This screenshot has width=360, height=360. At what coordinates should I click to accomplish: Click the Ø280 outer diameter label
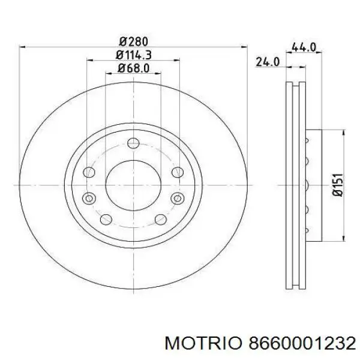[x=133, y=41]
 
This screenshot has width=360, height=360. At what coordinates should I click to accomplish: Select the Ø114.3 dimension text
[x=133, y=55]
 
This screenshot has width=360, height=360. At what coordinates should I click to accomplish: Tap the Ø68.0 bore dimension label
[x=133, y=69]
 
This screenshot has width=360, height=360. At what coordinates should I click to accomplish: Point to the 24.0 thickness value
[x=268, y=61]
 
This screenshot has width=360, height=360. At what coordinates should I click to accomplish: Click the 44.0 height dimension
[x=303, y=47]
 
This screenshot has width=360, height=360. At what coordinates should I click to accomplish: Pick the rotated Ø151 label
[x=337, y=184]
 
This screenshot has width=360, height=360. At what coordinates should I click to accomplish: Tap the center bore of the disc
[x=133, y=185]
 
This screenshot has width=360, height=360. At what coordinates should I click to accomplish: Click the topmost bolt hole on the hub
[x=133, y=143]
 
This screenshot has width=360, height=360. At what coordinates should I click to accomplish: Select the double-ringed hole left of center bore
[x=90, y=199]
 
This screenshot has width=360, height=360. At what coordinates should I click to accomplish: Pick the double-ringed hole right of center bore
[x=176, y=199]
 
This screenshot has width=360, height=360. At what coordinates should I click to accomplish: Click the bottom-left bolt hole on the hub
[x=106, y=220]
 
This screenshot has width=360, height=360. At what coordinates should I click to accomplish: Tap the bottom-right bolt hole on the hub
[x=161, y=220]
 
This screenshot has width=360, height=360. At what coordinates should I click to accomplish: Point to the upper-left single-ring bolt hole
[x=89, y=172]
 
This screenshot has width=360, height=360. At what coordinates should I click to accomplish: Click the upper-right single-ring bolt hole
[x=176, y=172]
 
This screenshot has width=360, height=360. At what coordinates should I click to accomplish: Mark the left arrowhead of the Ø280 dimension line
[x=22, y=46]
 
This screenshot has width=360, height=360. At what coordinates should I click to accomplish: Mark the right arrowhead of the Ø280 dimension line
[x=245, y=46]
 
